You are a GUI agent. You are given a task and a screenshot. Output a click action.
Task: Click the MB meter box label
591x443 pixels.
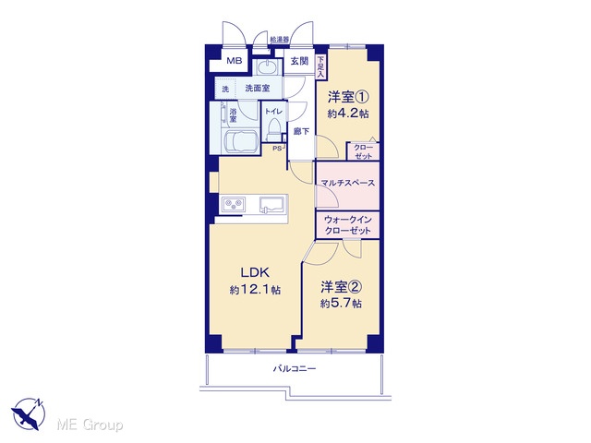(x=234, y=61)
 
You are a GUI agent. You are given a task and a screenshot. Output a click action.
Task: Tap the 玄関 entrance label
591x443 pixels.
(x=299, y=61)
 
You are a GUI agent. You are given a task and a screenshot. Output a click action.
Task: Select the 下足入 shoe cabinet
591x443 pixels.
(x=320, y=67)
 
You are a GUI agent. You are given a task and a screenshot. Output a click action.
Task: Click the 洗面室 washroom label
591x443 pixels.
(x=258, y=89)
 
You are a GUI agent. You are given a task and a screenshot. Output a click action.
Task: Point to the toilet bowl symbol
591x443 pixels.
(x=273, y=129)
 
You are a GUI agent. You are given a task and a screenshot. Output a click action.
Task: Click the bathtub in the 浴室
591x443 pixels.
(x=240, y=141)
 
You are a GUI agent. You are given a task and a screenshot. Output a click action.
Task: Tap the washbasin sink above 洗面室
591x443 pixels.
(x=267, y=67)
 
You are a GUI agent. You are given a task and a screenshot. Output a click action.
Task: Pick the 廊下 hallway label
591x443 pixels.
(x=302, y=131)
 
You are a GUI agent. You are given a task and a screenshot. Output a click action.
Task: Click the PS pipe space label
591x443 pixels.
(x=277, y=148)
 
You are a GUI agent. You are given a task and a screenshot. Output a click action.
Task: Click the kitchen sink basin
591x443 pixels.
(x=271, y=204)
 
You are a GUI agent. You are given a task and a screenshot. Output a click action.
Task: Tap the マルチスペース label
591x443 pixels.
(x=347, y=183)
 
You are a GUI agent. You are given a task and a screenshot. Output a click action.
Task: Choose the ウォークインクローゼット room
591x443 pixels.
(x=347, y=225)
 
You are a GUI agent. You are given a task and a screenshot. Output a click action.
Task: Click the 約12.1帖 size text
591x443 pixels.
(x=255, y=290)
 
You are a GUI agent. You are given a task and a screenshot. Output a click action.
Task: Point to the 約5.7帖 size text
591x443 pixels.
(x=341, y=304)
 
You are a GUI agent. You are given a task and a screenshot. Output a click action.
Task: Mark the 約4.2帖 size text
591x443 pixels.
(x=348, y=114)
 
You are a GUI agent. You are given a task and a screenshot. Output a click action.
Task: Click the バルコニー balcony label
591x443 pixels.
(x=295, y=368)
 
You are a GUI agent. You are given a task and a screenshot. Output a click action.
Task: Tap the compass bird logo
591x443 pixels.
(x=28, y=414)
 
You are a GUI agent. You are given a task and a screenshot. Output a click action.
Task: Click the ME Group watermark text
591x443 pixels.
(x=90, y=425)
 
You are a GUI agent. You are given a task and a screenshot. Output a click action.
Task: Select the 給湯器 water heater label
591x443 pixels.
(x=279, y=39)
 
